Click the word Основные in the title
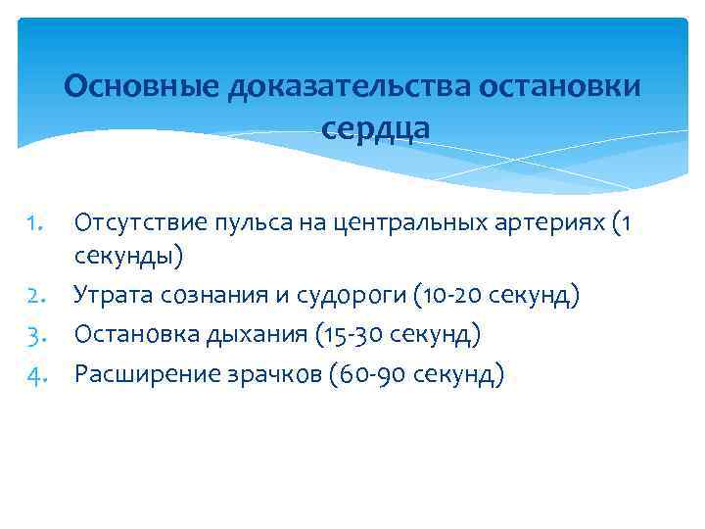[142, 87]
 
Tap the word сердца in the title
[374, 128]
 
